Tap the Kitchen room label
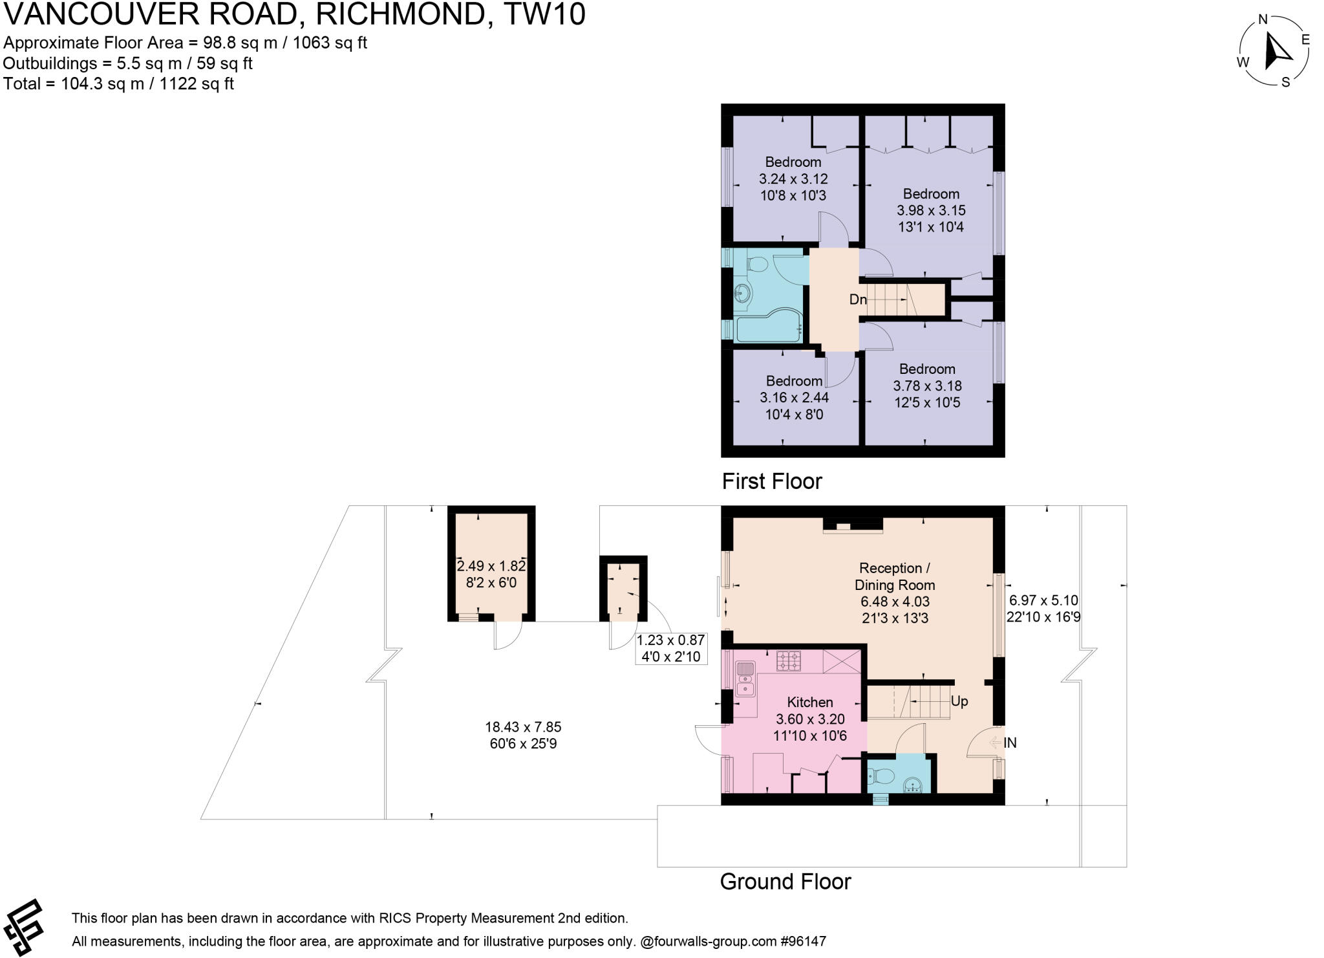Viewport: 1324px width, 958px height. [809, 702]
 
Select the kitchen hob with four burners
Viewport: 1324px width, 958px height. [788, 660]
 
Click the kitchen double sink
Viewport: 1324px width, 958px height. [745, 678]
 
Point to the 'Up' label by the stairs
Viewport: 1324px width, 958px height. [959, 701]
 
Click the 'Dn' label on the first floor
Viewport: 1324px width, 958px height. [857, 299]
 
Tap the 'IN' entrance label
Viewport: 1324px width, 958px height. [1010, 743]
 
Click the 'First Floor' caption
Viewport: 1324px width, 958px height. [771, 481]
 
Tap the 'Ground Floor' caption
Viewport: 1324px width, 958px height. [785, 882]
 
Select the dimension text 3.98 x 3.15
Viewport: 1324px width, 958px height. [931, 210]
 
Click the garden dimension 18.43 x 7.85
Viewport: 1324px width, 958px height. [522, 727]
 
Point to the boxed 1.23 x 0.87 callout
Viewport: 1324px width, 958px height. [670, 648]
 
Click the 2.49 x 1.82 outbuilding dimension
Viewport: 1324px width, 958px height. [491, 566]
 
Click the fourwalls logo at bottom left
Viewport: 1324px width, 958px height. [24, 926]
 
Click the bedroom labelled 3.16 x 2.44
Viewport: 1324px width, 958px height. [794, 398]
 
